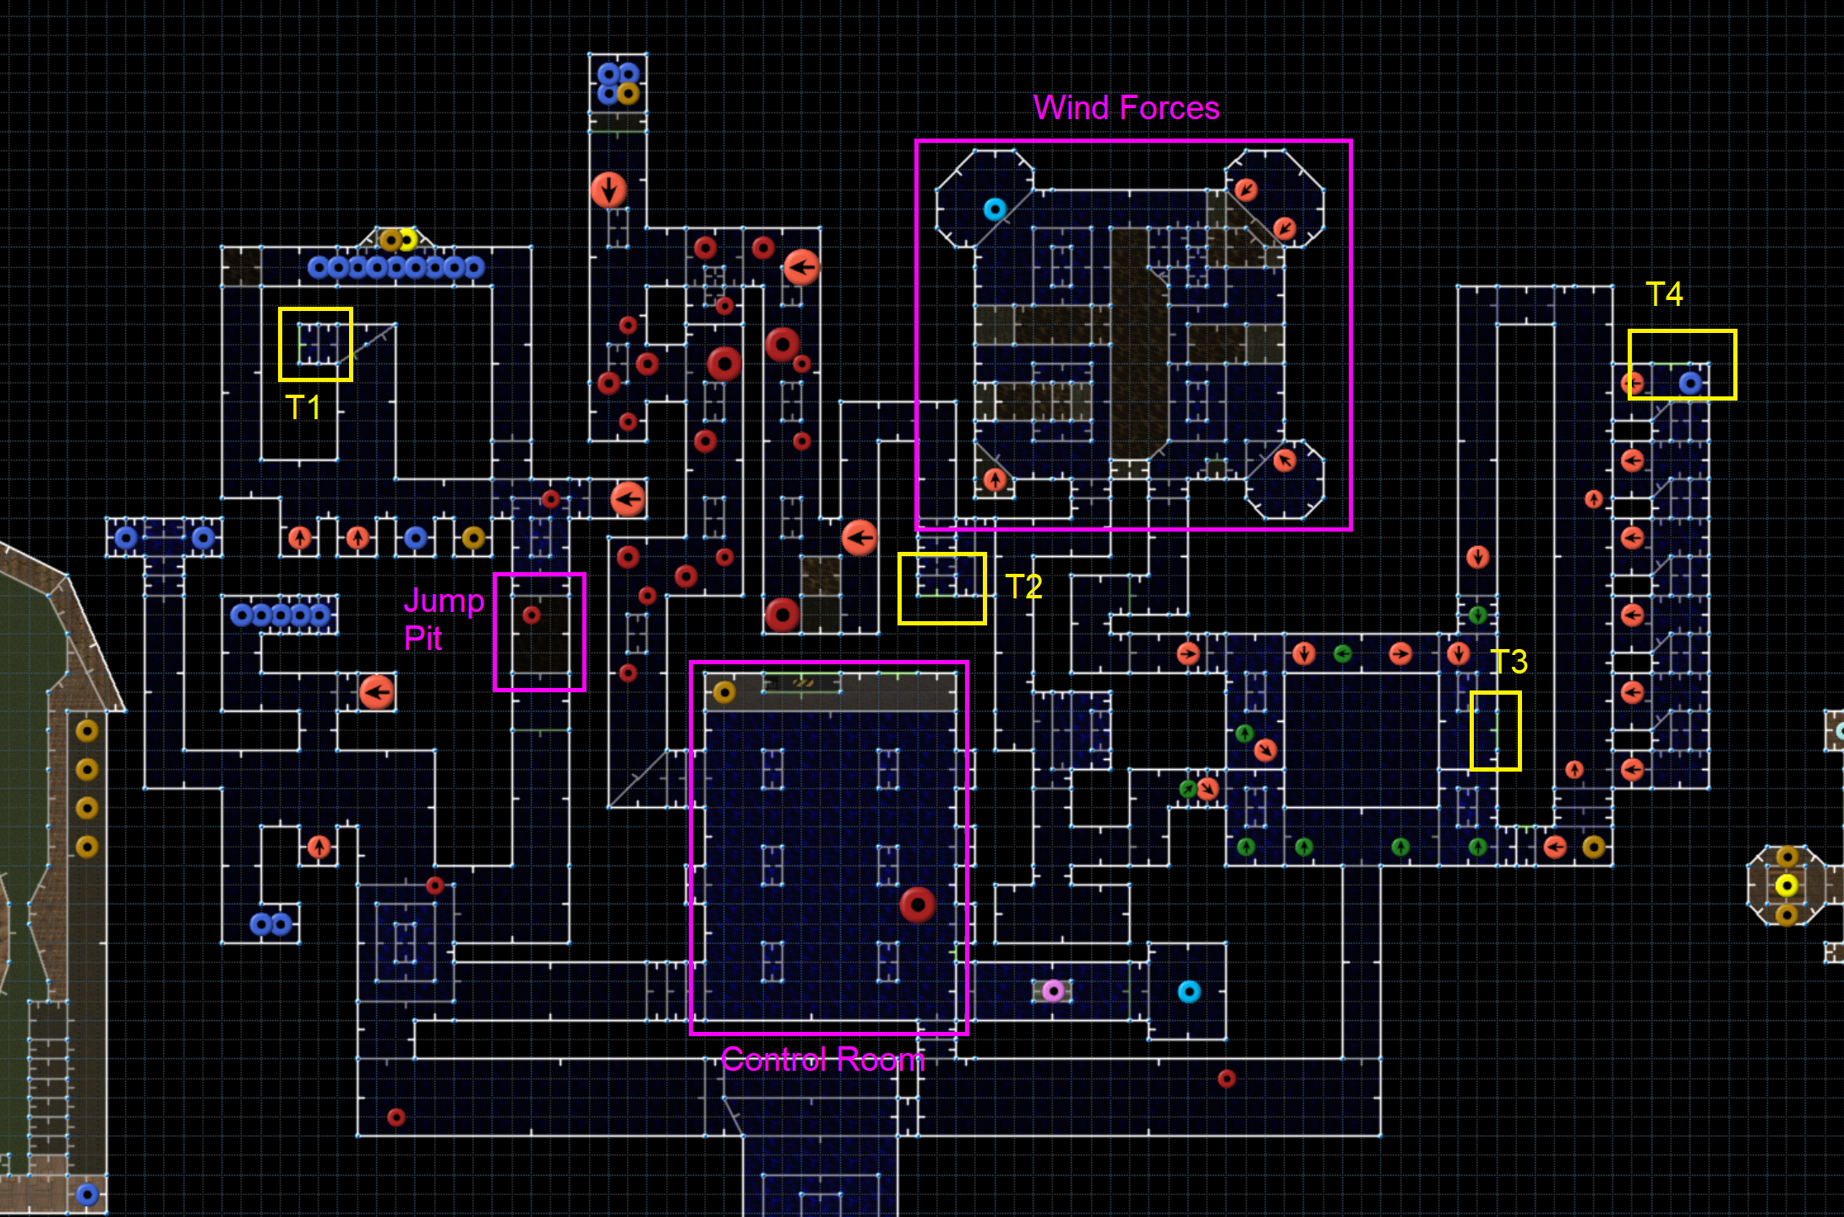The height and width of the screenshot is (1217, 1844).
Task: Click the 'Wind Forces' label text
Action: (x=1126, y=108)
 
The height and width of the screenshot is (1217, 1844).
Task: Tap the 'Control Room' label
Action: (x=822, y=1060)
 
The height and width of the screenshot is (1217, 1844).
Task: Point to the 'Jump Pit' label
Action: (x=443, y=619)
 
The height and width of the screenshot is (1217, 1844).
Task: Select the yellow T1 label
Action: (x=303, y=407)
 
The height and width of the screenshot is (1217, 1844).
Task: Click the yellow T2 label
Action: (x=1023, y=587)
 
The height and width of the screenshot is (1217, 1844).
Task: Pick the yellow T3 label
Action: (x=1508, y=661)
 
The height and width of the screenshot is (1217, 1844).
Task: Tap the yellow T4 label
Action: (x=1664, y=294)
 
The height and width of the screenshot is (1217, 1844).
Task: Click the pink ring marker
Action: (x=1053, y=991)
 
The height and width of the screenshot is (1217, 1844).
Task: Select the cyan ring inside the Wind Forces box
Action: (x=995, y=209)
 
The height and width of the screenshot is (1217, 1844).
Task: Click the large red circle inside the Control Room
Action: (x=917, y=904)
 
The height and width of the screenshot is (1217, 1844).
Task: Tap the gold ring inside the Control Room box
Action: (x=724, y=692)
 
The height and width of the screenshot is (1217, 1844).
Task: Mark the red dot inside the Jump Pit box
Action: (x=532, y=614)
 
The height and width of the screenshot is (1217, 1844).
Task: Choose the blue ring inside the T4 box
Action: (x=1689, y=383)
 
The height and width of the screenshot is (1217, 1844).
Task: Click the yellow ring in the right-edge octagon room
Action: (x=1786, y=885)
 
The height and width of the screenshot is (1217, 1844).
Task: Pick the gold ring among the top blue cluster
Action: (x=628, y=93)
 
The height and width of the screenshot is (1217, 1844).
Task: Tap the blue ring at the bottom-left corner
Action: (x=87, y=1194)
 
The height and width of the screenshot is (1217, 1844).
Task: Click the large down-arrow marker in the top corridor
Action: (x=608, y=189)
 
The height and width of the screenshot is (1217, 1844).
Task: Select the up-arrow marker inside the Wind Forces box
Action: (x=995, y=480)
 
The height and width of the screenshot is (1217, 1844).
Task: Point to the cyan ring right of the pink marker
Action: (x=1188, y=991)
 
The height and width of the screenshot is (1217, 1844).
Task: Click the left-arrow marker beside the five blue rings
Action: (x=377, y=692)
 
